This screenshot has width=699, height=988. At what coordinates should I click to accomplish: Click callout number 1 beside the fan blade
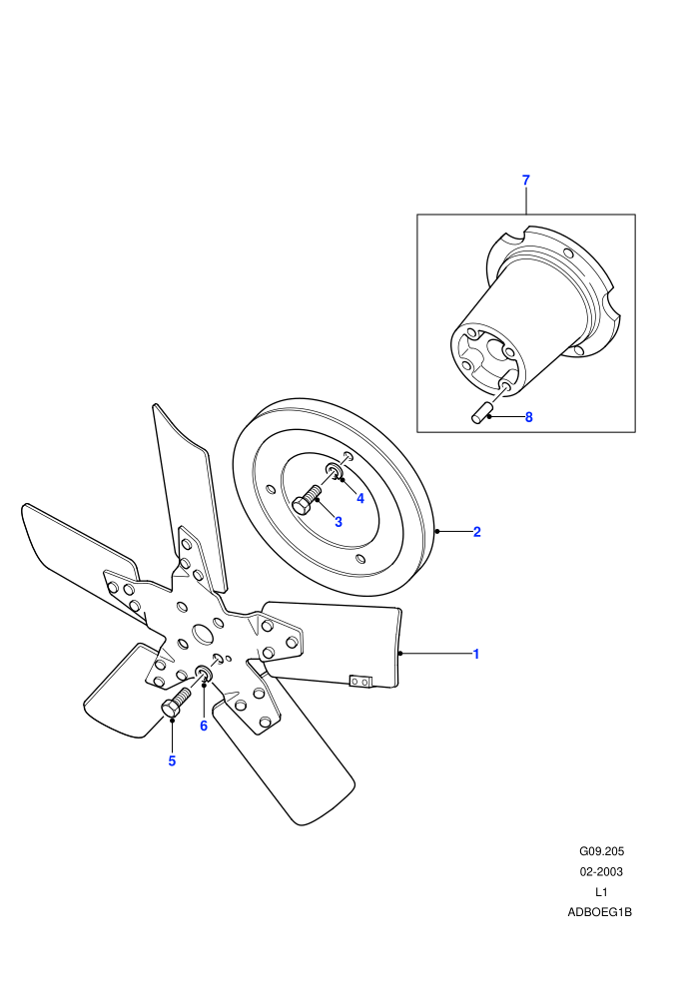pyautogui.click(x=476, y=654)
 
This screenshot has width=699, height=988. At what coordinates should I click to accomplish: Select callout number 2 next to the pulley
pyautogui.click(x=477, y=532)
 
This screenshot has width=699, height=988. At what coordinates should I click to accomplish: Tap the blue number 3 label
pyautogui.click(x=339, y=522)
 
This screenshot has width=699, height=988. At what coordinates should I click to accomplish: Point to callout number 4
pyautogui.click(x=360, y=498)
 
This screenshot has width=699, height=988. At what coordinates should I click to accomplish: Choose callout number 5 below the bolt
pyautogui.click(x=172, y=761)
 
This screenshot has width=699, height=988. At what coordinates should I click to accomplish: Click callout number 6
pyautogui.click(x=204, y=726)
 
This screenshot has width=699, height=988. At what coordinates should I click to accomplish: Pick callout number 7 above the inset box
pyautogui.click(x=526, y=181)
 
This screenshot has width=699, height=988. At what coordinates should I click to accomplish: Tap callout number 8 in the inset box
pyautogui.click(x=529, y=417)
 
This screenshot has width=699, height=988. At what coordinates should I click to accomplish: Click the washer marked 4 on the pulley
pyautogui.click(x=335, y=471)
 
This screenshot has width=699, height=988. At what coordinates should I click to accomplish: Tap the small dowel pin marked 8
pyautogui.click(x=481, y=413)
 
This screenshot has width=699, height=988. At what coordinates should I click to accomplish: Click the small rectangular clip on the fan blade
pyautogui.click(x=360, y=682)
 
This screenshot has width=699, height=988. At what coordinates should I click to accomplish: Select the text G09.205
pyautogui.click(x=601, y=851)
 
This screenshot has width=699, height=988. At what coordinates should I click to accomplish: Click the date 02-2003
pyautogui.click(x=601, y=872)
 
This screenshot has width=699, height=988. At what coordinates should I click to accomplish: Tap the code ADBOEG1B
pyautogui.click(x=599, y=912)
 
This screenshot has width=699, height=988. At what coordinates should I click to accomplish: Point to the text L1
pyautogui.click(x=601, y=892)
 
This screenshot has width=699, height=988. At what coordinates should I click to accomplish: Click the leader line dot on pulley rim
pyautogui.click(x=437, y=531)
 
